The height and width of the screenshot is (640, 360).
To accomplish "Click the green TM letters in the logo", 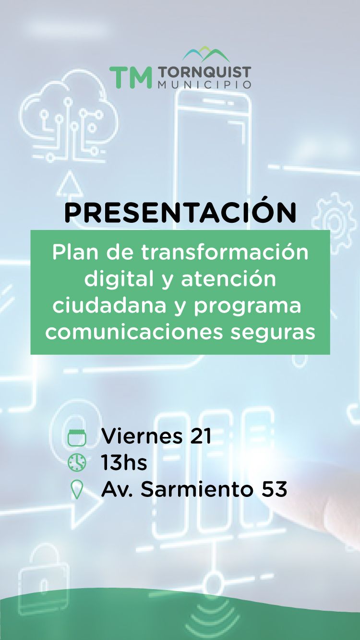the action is pyautogui.click(x=131, y=77).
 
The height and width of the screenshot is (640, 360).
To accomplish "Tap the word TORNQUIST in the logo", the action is pyautogui.click(x=204, y=72).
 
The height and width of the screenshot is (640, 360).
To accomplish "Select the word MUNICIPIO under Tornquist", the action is pyautogui.click(x=204, y=85).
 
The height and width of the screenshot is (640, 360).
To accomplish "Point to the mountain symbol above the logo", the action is pyautogui.click(x=206, y=54).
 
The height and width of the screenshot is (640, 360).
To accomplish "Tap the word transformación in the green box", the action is pyautogui.click(x=225, y=252).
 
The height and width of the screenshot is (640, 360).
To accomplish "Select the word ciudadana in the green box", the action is pyautogui.click(x=110, y=305).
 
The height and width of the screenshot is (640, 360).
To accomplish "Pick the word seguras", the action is pyautogui.click(x=273, y=333).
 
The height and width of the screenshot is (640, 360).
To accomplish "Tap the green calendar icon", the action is pyautogui.click(x=77, y=437).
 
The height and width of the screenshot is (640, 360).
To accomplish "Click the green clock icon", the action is pyautogui.click(x=77, y=462).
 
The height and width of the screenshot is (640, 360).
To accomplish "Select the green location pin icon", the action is pyautogui.click(x=77, y=490).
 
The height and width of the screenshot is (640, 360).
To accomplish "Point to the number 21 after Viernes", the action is pyautogui.click(x=201, y=436).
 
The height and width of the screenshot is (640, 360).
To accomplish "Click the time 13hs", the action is pyautogui.click(x=124, y=462).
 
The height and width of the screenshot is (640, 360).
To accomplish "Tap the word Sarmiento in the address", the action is pyautogui.click(x=197, y=489).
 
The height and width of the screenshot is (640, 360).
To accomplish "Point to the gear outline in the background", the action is pyautogui.click(x=334, y=219).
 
